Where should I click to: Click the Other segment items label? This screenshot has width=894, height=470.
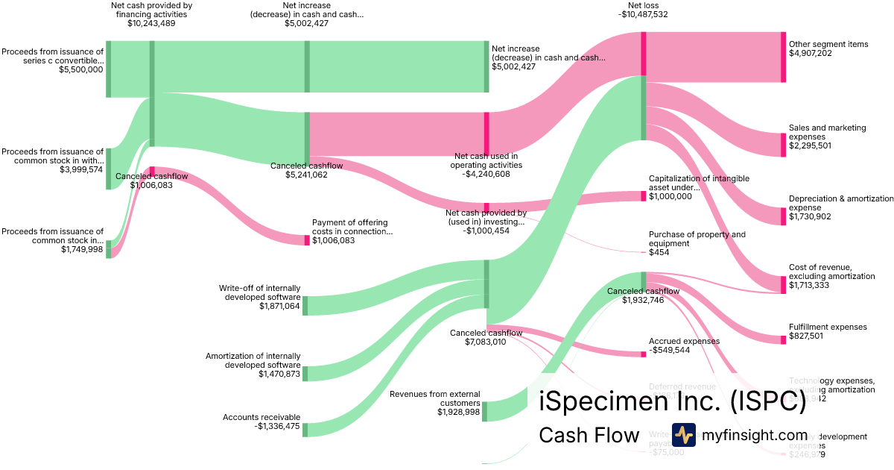pos(828,44)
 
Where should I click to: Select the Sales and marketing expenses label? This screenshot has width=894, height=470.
pos(827,132)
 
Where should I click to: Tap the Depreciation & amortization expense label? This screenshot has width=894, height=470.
pos(840,203)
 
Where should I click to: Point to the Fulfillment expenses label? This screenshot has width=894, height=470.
pos(828,327)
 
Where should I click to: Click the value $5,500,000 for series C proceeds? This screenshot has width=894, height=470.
pos(81,69)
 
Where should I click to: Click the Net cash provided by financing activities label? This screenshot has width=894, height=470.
pos(151,10)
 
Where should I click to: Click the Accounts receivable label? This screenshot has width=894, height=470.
pos(261,417)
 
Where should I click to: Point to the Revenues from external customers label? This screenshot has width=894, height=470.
pos(434,398)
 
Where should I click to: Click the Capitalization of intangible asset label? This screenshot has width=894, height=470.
pos(699,183)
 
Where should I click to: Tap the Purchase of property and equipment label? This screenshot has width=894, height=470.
pos(697,239)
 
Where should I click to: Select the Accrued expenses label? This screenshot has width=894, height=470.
pos(684,341)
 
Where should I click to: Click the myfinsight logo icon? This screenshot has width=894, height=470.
pos(683,435)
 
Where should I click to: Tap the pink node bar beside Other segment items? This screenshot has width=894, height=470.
pos(783,57)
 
